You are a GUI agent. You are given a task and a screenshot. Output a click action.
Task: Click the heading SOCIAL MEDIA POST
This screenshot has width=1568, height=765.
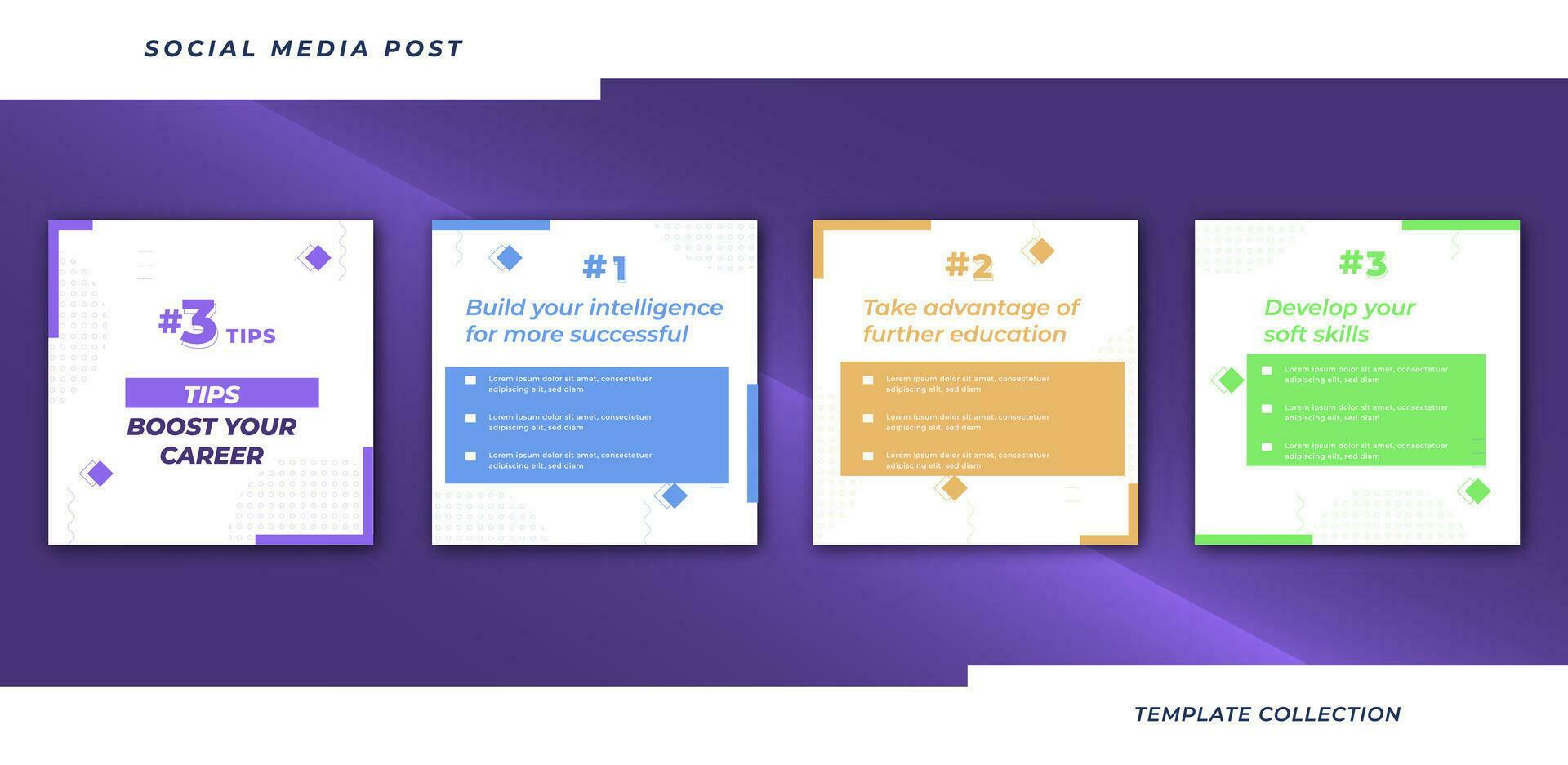pos(304,49)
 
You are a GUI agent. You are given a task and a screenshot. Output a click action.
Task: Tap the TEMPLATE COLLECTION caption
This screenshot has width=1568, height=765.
pos(1267,714)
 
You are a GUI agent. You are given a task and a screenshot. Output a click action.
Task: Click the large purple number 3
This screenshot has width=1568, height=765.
pos(198,324)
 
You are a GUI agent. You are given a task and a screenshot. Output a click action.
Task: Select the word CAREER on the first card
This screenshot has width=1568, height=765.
pos(212,456)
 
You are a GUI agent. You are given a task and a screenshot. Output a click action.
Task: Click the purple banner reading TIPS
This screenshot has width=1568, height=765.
pos(221,394)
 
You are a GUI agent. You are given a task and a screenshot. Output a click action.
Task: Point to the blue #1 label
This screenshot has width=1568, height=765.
pos(604,267)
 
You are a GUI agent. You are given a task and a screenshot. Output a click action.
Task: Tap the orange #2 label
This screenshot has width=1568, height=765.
pos(969,265)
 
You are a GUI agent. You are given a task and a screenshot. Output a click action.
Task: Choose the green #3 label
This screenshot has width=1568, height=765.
pos(1362,264)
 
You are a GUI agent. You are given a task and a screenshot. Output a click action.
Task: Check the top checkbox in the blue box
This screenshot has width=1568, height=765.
pos(470,380)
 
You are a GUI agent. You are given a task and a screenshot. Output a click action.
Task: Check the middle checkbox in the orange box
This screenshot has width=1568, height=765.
pos(868,418)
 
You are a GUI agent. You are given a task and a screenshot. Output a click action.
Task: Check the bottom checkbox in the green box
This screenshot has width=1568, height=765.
pos(1267,447)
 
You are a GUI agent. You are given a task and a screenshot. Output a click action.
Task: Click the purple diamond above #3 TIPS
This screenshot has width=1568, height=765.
pos(318,258)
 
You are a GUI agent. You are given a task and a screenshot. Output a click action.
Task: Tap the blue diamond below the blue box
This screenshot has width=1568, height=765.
pos(675,495)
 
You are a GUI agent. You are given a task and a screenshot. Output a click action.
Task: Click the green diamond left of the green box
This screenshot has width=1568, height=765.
pos(1231,380)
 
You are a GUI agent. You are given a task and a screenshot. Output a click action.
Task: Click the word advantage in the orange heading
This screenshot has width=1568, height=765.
pos(987,308)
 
